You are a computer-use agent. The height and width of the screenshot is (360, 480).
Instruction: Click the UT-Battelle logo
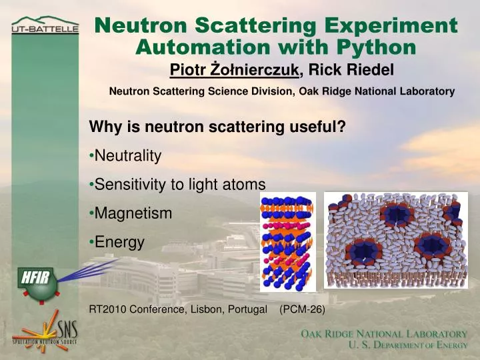[x=45, y=27]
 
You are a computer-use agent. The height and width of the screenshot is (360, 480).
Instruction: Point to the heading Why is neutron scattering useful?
[x=217, y=127]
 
